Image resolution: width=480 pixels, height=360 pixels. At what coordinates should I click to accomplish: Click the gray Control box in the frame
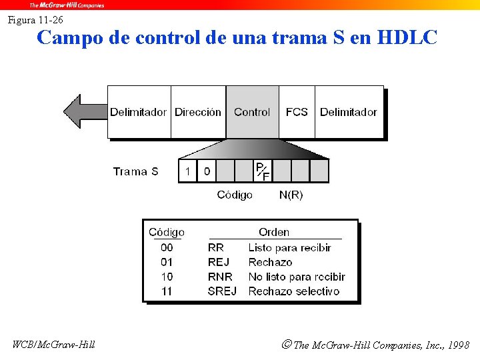[x=252, y=112]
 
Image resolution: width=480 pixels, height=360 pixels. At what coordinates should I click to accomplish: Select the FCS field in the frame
[x=297, y=112]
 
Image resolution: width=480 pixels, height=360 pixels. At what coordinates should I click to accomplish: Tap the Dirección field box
[x=198, y=112]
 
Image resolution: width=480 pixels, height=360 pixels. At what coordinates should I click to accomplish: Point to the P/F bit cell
[x=263, y=171]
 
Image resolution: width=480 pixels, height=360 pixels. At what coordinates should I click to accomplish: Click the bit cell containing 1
[x=188, y=171]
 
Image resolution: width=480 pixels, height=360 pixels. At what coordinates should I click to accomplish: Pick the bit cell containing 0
[x=207, y=171]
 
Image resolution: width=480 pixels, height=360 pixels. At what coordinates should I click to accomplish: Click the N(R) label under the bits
[x=291, y=195]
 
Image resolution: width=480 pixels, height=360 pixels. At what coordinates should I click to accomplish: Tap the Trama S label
[x=135, y=171]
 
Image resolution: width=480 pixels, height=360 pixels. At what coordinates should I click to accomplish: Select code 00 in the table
[x=167, y=247]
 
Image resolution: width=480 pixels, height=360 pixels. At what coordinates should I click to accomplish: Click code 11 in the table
[x=167, y=291]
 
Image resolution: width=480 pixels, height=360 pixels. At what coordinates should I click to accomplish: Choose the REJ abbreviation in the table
[x=219, y=262]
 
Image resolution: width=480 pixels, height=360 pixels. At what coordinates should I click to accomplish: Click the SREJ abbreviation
[x=222, y=291]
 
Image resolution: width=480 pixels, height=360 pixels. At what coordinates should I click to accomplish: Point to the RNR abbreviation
[x=220, y=277]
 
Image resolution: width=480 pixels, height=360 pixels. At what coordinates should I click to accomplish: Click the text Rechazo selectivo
[x=293, y=291]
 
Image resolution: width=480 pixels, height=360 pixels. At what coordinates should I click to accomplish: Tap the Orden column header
[x=274, y=232]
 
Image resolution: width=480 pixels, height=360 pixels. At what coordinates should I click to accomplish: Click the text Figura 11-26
[x=35, y=20]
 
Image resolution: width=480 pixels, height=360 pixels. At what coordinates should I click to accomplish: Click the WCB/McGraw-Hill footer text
[x=53, y=345]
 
